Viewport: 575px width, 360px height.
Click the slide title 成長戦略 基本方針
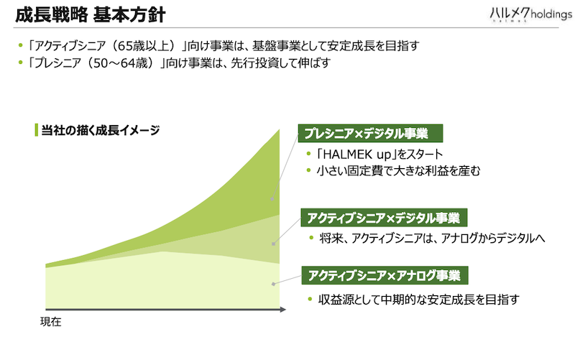click(x=91, y=15)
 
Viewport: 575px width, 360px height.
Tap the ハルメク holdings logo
click(x=530, y=14)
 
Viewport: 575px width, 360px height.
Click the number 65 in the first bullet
click(x=124, y=46)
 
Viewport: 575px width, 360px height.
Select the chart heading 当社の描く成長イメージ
click(x=101, y=130)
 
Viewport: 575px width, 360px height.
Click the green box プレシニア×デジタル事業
click(x=370, y=134)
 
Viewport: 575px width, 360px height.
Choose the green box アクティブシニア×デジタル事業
click(x=384, y=218)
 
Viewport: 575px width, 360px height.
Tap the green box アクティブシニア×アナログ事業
click(x=385, y=275)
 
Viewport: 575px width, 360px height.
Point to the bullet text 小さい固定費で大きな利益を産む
click(x=399, y=171)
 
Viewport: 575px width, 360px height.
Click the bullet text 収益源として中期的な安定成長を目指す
click(x=419, y=300)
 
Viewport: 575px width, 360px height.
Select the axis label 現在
click(x=50, y=322)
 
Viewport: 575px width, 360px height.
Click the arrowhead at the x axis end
click(x=282, y=310)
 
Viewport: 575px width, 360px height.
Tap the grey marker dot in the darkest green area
click(x=272, y=200)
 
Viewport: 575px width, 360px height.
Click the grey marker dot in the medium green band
click(x=274, y=244)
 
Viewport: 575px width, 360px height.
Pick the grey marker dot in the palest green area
click(x=274, y=284)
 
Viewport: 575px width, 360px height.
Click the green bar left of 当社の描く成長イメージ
click(x=37, y=130)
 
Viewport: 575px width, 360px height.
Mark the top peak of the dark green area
click(x=279, y=129)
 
